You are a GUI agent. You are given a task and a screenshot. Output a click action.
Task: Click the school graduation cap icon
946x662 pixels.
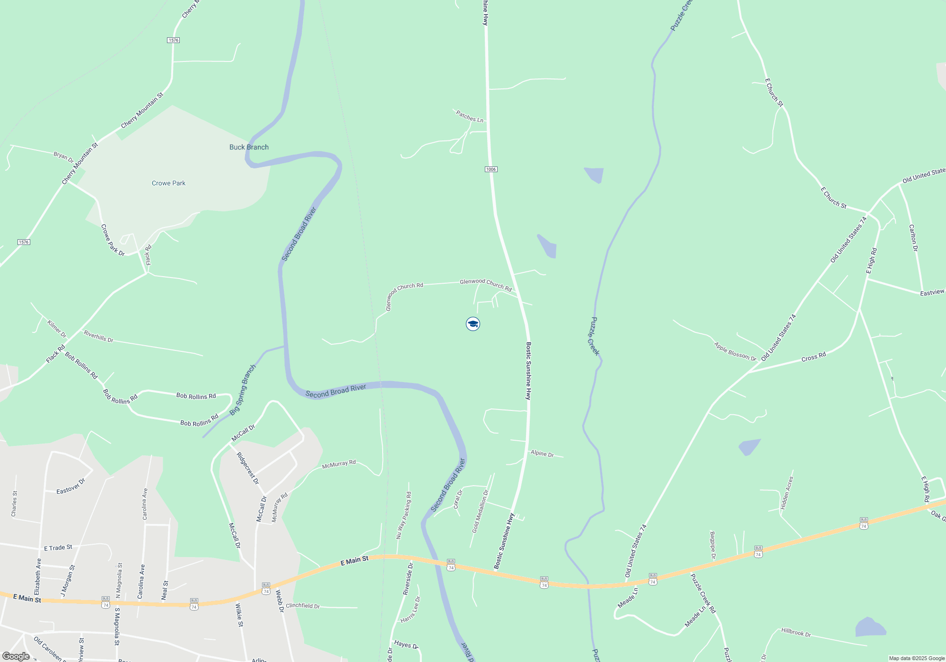(x=473, y=324)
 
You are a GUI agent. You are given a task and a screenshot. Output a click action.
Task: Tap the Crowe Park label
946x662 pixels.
(x=168, y=183)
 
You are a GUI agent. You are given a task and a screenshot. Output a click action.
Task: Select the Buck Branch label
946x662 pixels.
(x=249, y=148)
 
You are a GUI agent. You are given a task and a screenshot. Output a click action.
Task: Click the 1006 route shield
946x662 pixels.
(x=491, y=169)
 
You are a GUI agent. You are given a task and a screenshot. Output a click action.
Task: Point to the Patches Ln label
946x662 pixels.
(x=470, y=116)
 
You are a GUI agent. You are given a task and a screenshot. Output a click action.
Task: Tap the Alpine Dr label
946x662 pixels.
(x=542, y=453)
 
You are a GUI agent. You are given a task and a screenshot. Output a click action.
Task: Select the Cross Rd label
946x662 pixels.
(x=814, y=357)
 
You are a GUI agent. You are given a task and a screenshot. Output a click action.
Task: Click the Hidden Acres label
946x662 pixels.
(x=787, y=493)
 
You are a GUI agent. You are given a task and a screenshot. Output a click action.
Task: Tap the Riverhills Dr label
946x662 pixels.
(x=98, y=337)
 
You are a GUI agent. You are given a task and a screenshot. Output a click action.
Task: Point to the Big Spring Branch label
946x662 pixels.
(x=243, y=390)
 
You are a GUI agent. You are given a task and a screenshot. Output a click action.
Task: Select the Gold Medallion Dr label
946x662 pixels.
(x=480, y=511)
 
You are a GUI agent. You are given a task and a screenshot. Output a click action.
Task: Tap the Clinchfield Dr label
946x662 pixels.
(x=303, y=606)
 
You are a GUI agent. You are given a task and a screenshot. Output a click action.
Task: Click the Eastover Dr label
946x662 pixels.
(x=71, y=487)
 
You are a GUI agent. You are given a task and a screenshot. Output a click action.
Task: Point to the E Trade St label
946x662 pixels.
(x=58, y=548)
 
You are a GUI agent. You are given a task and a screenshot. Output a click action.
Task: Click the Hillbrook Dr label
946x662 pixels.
(x=796, y=632)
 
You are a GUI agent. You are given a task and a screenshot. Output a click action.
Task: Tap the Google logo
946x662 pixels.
(x=16, y=656)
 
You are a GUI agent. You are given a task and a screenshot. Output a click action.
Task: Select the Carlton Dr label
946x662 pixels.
(x=913, y=238)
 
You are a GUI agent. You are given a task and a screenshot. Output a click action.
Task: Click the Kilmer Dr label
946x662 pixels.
(x=57, y=329)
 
